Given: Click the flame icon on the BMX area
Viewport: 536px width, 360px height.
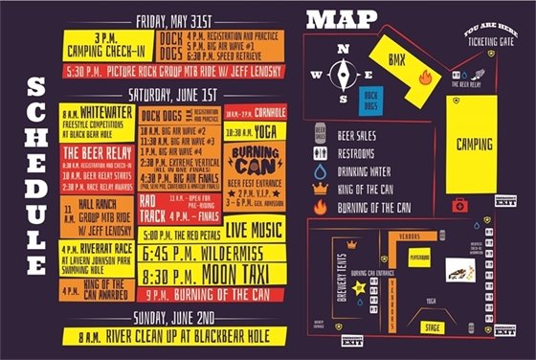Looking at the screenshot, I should tap(425, 79).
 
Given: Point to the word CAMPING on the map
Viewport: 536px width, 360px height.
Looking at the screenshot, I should tap(474, 144).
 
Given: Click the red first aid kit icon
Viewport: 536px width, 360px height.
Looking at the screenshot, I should tap(459, 204).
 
